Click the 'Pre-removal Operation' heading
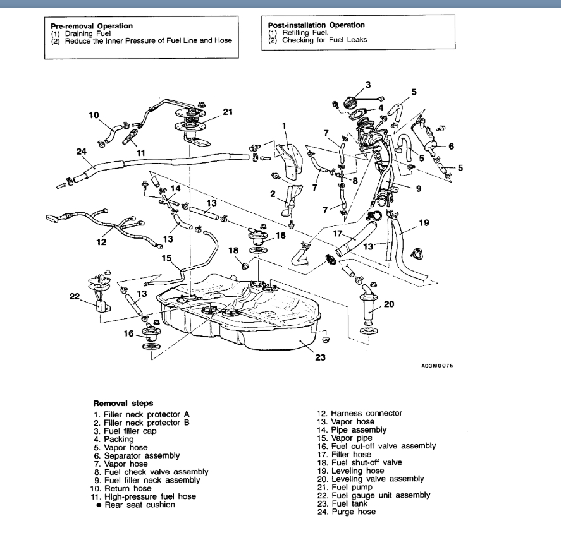91,26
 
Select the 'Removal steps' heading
123,402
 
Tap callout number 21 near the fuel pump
228,112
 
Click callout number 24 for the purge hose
80,152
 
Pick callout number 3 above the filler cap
368,85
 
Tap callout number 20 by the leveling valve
388,304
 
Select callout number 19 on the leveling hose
424,222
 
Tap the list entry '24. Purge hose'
346,512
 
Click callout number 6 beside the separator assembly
451,145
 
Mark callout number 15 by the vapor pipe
167,258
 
